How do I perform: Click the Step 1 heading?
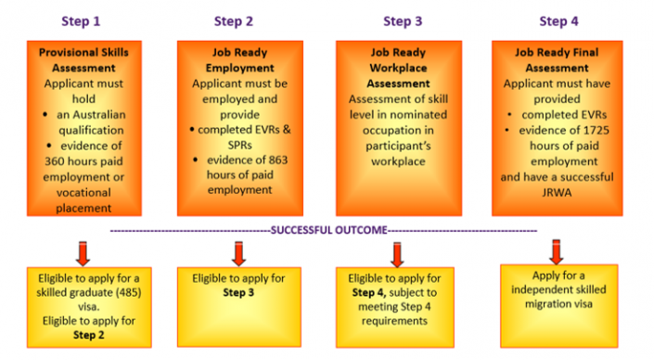[82, 19]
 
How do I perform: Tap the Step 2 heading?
[234, 19]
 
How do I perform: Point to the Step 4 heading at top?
[558, 19]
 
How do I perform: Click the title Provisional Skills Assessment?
[83, 60]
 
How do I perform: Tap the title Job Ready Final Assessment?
[557, 60]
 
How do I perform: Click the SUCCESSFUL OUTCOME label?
[327, 229]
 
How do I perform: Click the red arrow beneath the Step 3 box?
[398, 253]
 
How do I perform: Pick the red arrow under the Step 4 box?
[557, 251]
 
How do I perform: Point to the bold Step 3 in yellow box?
[234, 291]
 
